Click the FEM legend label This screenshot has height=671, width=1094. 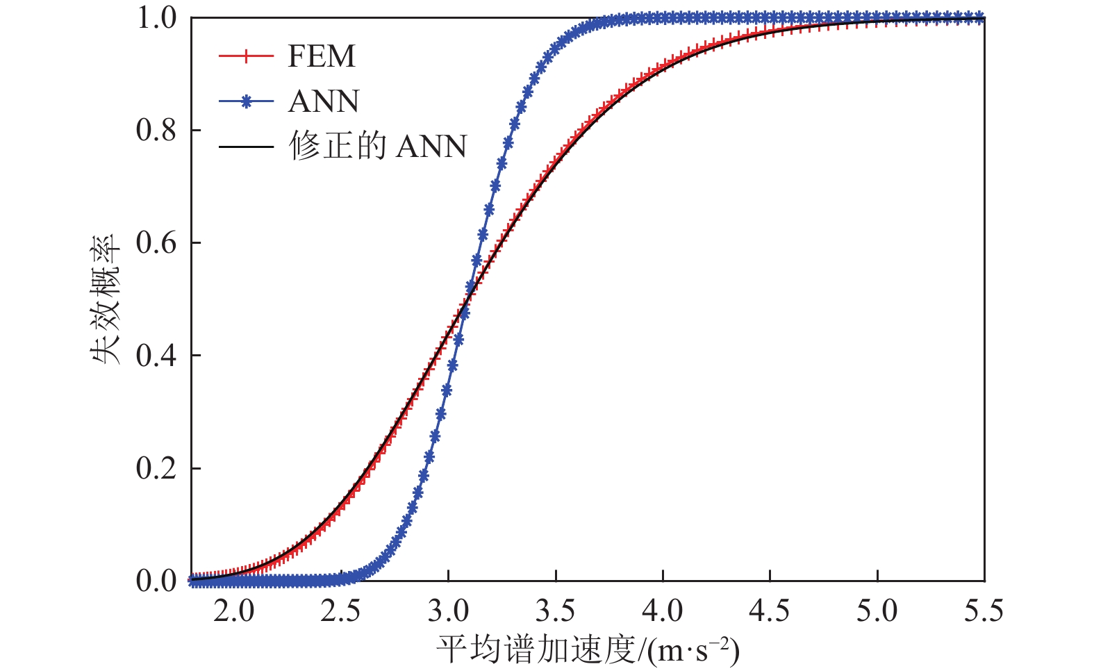tap(321, 56)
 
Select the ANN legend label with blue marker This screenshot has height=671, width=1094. tap(324, 102)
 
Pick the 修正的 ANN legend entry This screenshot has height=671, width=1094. tap(378, 147)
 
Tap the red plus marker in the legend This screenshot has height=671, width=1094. tap(245, 56)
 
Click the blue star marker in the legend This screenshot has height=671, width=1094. tap(245, 102)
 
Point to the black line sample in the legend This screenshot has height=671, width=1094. tap(245, 147)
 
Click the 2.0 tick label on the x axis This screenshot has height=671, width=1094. tap(233, 611)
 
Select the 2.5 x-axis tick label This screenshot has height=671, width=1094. tap(340, 611)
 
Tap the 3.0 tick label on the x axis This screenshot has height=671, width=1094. tap(448, 611)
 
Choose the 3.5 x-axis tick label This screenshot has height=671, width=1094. tap(556, 611)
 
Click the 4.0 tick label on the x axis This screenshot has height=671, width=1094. tap(663, 611)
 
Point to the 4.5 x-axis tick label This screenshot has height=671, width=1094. tap(770, 611)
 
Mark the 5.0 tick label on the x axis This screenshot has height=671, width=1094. tap(877, 611)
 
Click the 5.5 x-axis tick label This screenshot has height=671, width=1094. tap(984, 611)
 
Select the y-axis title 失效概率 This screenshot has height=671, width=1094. tap(105, 299)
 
